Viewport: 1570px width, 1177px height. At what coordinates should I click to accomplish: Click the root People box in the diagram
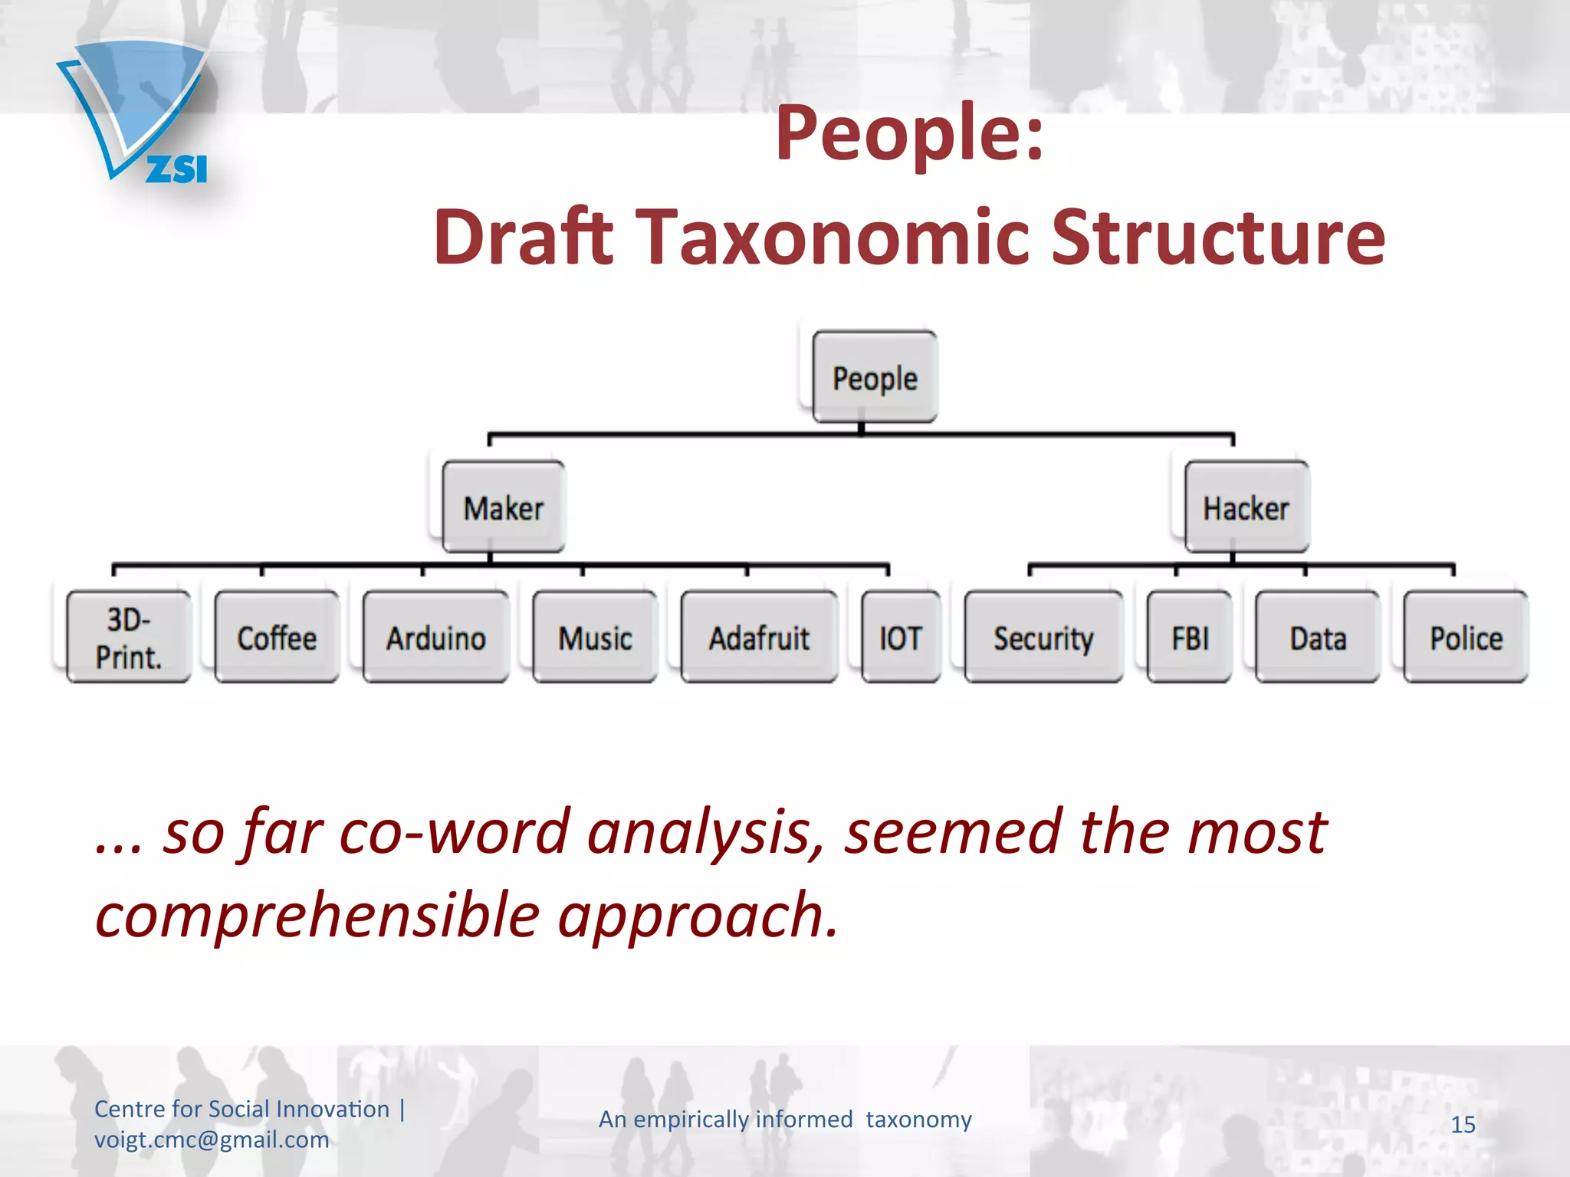875,377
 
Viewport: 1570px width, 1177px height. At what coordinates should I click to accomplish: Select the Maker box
504,507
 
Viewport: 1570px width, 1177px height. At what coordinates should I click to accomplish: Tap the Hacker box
1246,507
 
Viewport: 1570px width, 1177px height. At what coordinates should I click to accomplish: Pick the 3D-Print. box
129,637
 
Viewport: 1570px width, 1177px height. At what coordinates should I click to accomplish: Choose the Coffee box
277,637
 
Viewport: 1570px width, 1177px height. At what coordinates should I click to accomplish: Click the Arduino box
435,637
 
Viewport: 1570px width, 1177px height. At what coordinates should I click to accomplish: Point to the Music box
595,637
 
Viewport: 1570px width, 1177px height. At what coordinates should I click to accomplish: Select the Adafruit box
759,637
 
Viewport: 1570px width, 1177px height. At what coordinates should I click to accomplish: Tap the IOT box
901,637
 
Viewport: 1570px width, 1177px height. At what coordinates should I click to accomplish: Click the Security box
1043,637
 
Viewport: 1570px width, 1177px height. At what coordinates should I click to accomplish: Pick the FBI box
1190,637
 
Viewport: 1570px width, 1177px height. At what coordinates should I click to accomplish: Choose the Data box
1318,637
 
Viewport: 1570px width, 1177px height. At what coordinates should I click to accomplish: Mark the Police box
1466,637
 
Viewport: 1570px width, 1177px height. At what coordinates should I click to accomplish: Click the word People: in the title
910,134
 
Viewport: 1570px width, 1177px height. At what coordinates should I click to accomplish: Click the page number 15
1463,1125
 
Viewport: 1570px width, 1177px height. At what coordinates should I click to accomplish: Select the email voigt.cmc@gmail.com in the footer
212,1140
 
